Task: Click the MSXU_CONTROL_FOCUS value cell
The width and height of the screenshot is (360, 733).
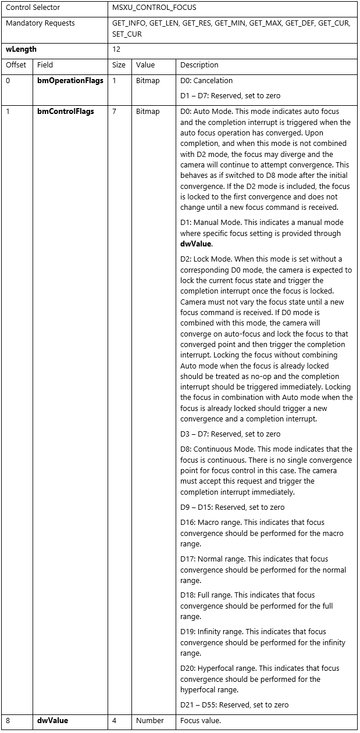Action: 154,8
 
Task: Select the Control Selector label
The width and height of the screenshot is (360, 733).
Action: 33,8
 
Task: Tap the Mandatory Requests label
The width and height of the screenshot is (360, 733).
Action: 40,23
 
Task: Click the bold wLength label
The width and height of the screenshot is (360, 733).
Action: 21,49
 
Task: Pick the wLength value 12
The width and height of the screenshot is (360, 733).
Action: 116,50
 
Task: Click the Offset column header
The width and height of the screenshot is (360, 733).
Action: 16,65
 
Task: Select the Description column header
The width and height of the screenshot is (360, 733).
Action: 199,65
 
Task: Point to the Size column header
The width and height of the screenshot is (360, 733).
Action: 119,65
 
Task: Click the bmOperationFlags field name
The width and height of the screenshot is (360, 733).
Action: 70,81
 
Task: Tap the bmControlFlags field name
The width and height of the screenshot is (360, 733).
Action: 65,111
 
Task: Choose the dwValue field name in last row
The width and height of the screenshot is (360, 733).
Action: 52,720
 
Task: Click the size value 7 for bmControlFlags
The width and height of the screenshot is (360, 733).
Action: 114,111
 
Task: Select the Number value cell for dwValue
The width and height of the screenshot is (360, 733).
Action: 150,721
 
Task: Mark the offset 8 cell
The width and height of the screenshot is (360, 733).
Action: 8,721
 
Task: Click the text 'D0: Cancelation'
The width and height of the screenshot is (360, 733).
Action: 206,81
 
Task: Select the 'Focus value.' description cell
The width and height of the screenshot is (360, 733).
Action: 201,721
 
